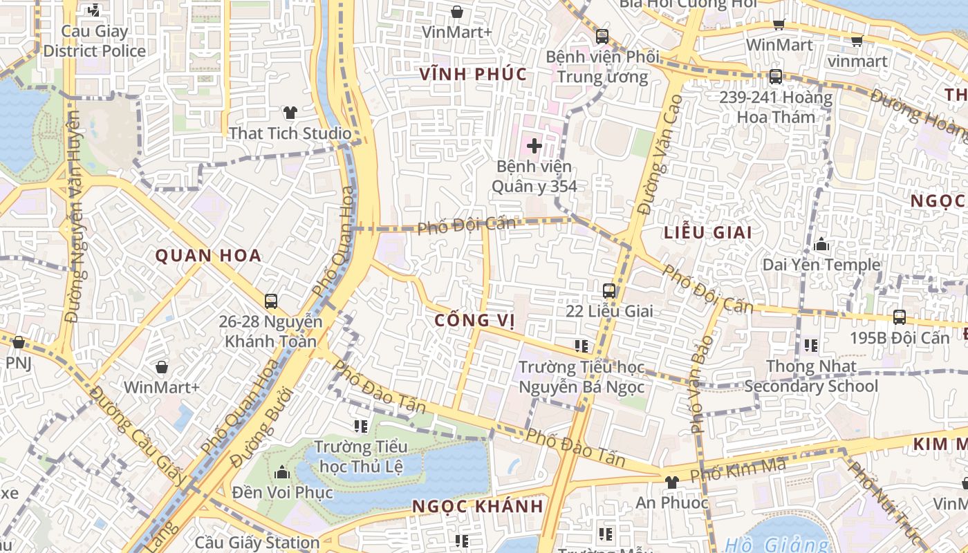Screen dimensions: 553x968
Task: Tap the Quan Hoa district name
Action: click(x=208, y=256)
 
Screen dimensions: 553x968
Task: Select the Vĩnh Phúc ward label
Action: click(x=473, y=75)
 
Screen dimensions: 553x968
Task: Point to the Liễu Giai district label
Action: click(x=707, y=232)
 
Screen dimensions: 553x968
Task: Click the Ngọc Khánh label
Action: click(x=477, y=506)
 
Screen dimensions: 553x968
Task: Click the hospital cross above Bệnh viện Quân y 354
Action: click(x=534, y=146)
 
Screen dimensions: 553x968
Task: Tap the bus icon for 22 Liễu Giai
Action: click(x=609, y=291)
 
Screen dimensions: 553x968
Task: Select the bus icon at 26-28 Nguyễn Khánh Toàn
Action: click(x=271, y=301)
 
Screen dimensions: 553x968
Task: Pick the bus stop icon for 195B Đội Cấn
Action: click(x=899, y=317)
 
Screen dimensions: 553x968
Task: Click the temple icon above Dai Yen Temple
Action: click(x=821, y=244)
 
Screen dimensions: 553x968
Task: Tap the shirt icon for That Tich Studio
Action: click(x=290, y=113)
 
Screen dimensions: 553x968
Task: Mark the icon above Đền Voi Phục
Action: click(x=281, y=472)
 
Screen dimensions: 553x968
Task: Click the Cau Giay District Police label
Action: click(x=95, y=41)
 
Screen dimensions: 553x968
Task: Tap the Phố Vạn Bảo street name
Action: click(x=700, y=384)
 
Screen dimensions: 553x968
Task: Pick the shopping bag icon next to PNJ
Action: click(x=19, y=342)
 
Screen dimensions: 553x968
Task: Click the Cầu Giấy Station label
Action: click(x=257, y=543)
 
